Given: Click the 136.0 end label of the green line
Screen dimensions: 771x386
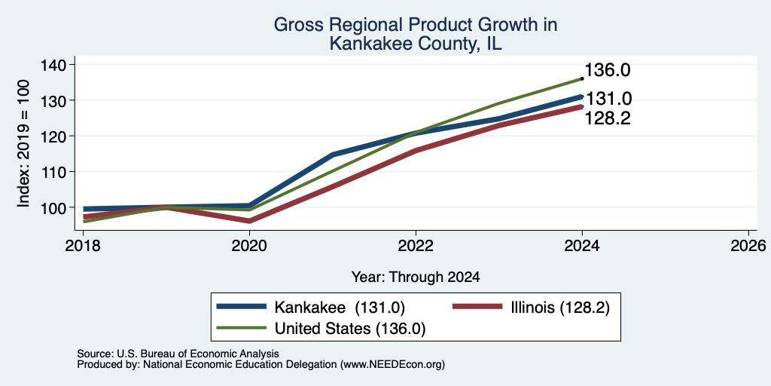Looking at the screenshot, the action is point(608,70).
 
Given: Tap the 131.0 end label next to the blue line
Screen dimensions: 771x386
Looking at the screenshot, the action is point(608,99).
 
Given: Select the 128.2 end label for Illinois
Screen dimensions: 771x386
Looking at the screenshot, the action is point(608,118).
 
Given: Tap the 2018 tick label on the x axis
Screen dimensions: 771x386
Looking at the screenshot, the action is point(83,245).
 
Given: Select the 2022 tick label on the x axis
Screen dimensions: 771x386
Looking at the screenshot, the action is point(416,245).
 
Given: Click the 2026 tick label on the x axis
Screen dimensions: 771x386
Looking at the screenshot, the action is point(749,245).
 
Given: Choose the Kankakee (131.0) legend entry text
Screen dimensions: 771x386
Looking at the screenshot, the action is point(340,308).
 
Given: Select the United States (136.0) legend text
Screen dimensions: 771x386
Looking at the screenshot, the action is point(349,329).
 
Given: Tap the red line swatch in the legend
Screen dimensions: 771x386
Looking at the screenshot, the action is point(477,308).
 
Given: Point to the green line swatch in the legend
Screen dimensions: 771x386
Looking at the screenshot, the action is point(242,328).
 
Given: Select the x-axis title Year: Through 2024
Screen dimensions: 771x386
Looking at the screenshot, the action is point(416,277).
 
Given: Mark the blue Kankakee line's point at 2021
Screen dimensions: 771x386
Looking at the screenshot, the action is point(333,155).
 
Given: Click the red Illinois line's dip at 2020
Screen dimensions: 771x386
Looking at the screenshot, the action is point(249,221).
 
